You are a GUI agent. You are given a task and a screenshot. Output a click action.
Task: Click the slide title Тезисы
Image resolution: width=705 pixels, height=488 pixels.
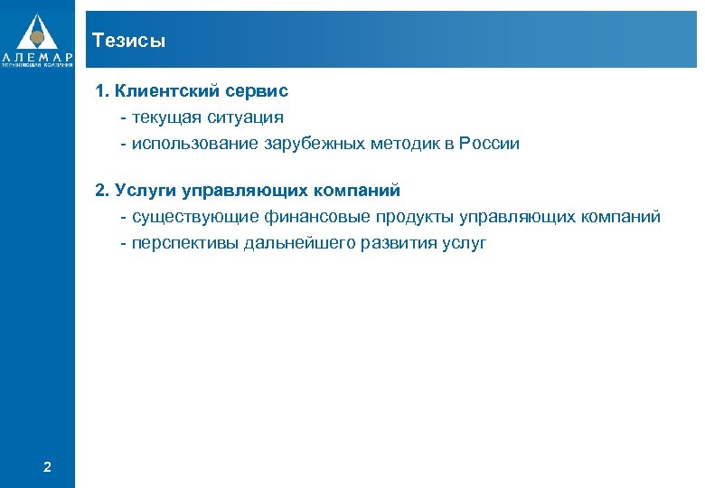pyautogui.click(x=128, y=41)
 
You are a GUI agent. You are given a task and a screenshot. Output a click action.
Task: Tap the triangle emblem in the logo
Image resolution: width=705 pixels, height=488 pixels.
pyautogui.click(x=37, y=32)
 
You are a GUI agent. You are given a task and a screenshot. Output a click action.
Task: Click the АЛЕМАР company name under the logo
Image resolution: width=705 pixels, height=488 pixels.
pyautogui.click(x=37, y=56)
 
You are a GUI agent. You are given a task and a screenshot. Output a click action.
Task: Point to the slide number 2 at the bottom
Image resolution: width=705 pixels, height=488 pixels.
pyautogui.click(x=47, y=466)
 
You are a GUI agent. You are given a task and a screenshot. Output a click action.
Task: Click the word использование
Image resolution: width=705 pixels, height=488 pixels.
pyautogui.click(x=195, y=144)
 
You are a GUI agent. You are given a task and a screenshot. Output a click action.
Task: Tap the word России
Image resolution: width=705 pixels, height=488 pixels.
pyautogui.click(x=489, y=144)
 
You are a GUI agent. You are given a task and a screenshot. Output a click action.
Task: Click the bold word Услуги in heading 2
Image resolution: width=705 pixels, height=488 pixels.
pyautogui.click(x=146, y=191)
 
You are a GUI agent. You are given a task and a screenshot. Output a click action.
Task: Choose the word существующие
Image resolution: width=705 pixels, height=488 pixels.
pyautogui.click(x=195, y=217)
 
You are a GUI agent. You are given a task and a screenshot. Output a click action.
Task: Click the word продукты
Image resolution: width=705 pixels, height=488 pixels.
pyautogui.click(x=415, y=217)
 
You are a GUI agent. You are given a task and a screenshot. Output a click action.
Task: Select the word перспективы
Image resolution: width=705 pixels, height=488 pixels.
pyautogui.click(x=184, y=243)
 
